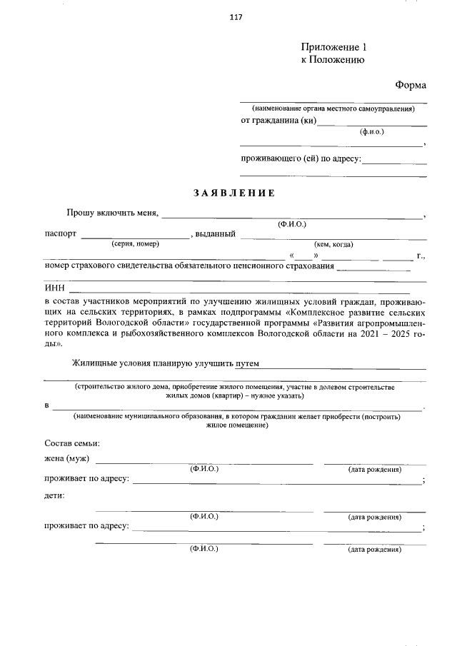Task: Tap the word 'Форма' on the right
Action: (411, 85)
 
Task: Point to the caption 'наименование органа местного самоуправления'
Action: (333, 108)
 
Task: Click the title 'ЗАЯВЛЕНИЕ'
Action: (233, 193)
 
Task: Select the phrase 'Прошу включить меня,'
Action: (114, 213)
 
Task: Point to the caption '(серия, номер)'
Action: (135, 244)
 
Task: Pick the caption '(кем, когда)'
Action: (333, 244)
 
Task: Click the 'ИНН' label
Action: (54, 288)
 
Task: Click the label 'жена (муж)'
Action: (67, 458)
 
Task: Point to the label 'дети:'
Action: (55, 495)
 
